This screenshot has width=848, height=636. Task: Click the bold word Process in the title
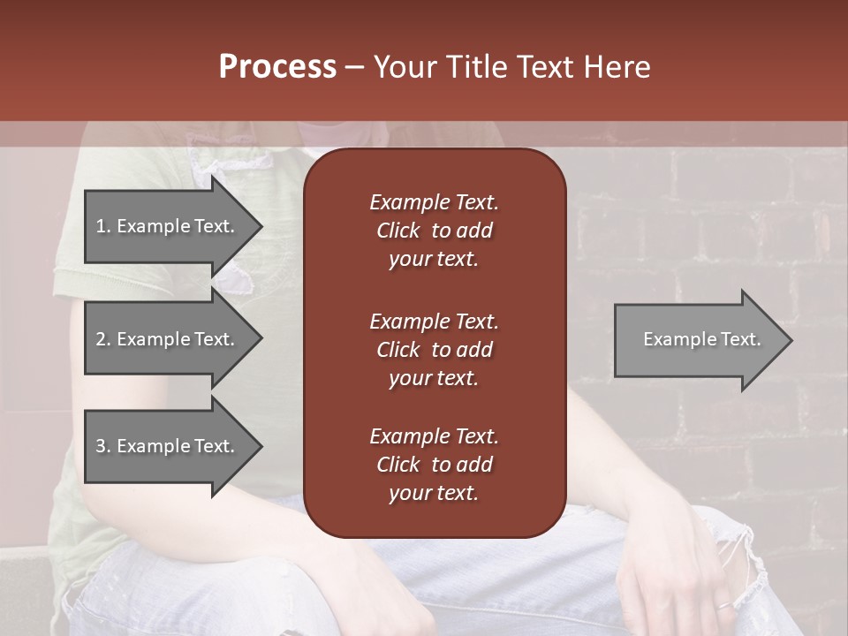tap(277, 67)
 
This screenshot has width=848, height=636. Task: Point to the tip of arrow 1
tap(261, 226)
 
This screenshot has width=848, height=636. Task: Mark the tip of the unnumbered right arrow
tap(791, 340)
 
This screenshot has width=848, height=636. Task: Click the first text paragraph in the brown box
tap(434, 231)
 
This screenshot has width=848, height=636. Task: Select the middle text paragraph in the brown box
tap(434, 350)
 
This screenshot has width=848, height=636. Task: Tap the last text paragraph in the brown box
tap(434, 465)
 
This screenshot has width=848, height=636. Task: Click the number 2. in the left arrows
tap(103, 339)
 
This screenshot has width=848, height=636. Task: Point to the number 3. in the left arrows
tap(103, 446)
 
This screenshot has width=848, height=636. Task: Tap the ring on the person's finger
tap(723, 605)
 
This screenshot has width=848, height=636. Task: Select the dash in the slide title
tap(354, 68)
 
